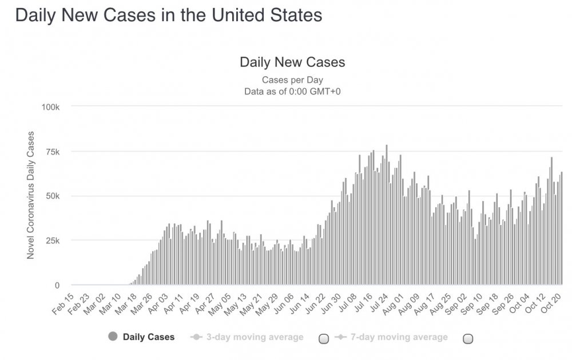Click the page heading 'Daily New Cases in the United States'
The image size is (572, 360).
pyautogui.click(x=168, y=15)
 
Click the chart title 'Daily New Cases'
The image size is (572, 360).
pyautogui.click(x=292, y=62)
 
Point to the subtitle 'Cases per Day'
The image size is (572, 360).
pyautogui.click(x=292, y=80)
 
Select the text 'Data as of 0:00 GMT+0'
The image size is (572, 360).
pyautogui.click(x=292, y=90)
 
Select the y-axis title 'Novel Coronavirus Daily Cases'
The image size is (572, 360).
pyautogui.click(x=31, y=195)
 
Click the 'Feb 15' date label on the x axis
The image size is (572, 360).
pyautogui.click(x=63, y=302)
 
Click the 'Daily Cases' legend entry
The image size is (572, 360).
pyautogui.click(x=148, y=337)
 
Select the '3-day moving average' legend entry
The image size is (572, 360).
pyautogui.click(x=255, y=337)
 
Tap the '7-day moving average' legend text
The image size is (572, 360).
pyautogui.click(x=399, y=337)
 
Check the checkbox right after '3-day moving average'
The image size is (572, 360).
pyautogui.click(x=323, y=338)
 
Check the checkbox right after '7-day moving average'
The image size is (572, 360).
pyautogui.click(x=467, y=338)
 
